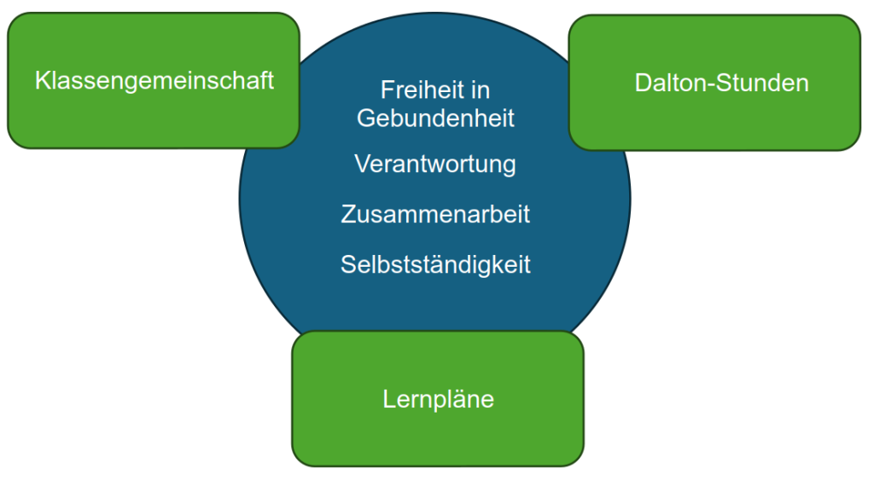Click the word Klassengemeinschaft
point(154,81)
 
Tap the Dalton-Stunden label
point(721,83)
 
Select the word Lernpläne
point(438,398)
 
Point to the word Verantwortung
point(435,164)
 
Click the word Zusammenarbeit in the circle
point(435,214)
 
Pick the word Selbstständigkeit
point(435,264)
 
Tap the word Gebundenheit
point(435,118)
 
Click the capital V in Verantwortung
point(362,164)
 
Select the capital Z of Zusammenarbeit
point(348,214)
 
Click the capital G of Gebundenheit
point(365,118)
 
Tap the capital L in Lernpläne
point(389,398)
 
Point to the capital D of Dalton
point(642,83)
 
